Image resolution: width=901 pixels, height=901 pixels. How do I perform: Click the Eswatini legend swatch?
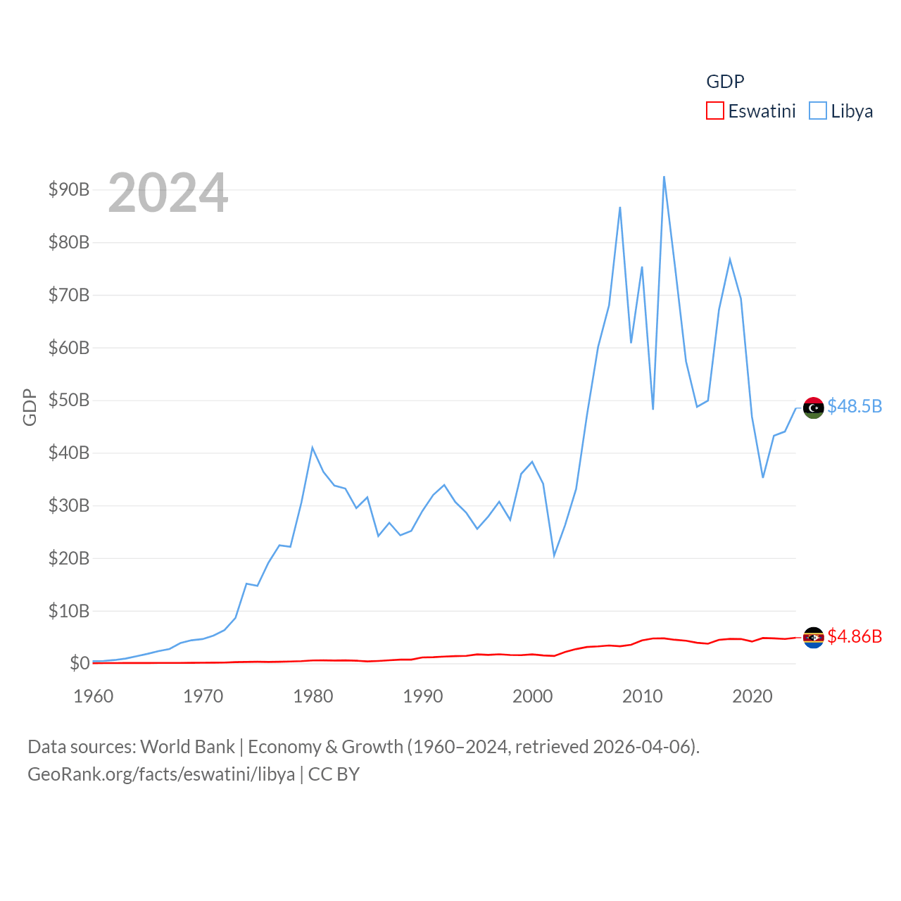[x=714, y=111]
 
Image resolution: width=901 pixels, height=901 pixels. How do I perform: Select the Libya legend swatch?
[x=817, y=111]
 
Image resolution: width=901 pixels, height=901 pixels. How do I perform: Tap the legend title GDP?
[x=725, y=82]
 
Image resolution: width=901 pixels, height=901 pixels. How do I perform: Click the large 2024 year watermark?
[x=168, y=192]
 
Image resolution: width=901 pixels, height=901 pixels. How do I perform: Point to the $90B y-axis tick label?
[x=68, y=189]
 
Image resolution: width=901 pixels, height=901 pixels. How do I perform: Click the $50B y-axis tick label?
[x=68, y=400]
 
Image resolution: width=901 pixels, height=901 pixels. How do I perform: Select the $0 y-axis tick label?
[x=79, y=663]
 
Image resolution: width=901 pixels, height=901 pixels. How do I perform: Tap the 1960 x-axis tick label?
[x=93, y=696]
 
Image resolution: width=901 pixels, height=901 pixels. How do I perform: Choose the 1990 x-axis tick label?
[x=422, y=696]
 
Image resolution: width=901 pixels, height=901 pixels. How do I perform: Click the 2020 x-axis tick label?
[x=752, y=696]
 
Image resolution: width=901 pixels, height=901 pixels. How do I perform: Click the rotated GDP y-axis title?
[x=30, y=407]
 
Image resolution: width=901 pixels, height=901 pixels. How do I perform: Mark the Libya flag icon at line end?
[x=813, y=408]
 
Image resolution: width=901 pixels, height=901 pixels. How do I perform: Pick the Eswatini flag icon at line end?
[x=813, y=637]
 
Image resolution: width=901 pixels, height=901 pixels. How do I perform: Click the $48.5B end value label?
[x=854, y=406]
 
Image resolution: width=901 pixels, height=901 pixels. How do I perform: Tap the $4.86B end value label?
[x=854, y=636]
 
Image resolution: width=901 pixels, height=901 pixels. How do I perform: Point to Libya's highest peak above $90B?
[x=664, y=177]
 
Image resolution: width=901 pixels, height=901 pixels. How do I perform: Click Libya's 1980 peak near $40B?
[x=312, y=448]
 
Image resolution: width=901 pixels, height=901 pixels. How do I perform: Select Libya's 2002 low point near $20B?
[x=554, y=555]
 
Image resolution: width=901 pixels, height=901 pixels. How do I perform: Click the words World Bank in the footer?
[x=187, y=746]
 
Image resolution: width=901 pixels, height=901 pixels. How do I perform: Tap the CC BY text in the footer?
[x=334, y=774]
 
